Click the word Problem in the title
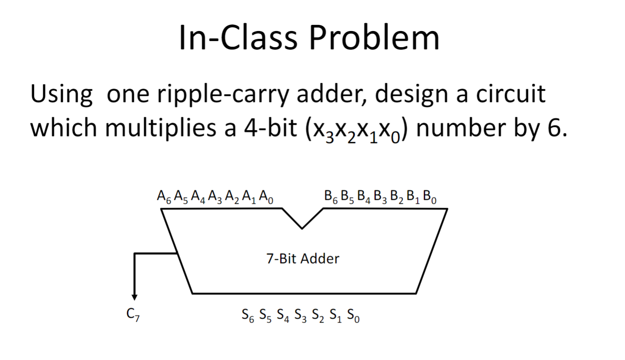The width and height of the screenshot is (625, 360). (x=374, y=38)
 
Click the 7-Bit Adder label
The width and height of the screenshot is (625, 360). (x=302, y=259)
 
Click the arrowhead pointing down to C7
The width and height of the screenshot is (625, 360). (x=134, y=297)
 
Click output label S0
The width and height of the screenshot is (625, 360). (x=353, y=315)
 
